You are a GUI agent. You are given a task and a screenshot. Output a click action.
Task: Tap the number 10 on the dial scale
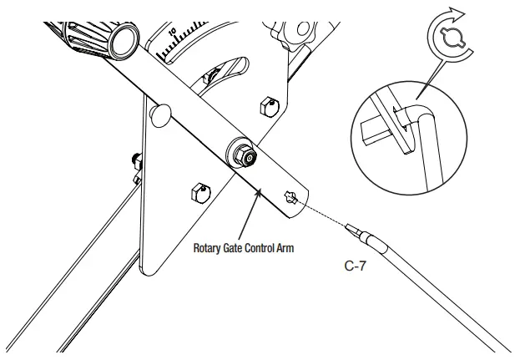pos(174,33)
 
